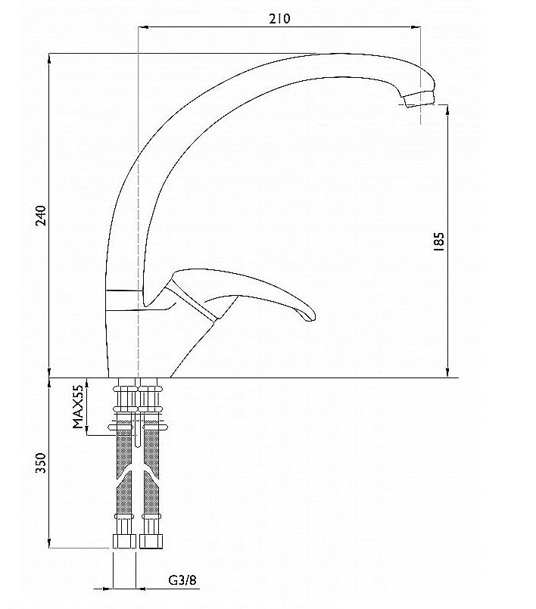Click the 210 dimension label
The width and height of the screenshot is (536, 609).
[279, 18]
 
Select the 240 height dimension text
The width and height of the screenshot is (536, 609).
[41, 216]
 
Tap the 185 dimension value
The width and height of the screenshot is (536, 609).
[438, 241]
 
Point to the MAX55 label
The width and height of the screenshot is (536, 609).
[78, 406]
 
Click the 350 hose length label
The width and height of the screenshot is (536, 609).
[41, 462]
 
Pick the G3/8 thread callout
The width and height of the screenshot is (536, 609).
[182, 580]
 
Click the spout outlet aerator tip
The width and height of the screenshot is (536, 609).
[419, 98]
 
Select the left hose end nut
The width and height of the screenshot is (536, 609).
[124, 542]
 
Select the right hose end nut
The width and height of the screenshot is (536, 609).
[151, 542]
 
